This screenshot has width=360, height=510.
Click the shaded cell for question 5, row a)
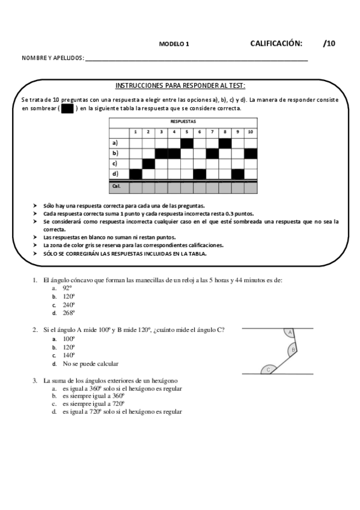[x=187, y=143]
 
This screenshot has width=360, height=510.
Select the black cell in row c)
[x=148, y=164]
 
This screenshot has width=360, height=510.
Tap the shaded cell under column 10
[x=251, y=153]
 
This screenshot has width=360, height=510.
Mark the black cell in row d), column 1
[x=136, y=174]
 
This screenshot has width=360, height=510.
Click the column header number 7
[x=212, y=132]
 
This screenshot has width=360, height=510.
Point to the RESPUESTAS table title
[x=183, y=121]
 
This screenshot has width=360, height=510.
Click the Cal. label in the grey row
[x=116, y=186]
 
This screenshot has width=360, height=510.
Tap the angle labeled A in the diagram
[x=290, y=333]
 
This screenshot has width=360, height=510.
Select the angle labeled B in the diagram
[x=293, y=349]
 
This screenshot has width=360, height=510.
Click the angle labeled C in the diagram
[x=268, y=370]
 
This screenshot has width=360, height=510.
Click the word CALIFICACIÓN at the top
[x=276, y=43]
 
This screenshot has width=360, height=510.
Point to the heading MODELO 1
[x=174, y=45]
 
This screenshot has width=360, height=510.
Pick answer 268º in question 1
[x=68, y=313]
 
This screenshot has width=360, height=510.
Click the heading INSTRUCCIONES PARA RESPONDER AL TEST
[x=180, y=86]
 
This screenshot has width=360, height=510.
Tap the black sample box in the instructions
[x=67, y=109]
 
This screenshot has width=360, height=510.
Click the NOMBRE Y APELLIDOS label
[x=52, y=58]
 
